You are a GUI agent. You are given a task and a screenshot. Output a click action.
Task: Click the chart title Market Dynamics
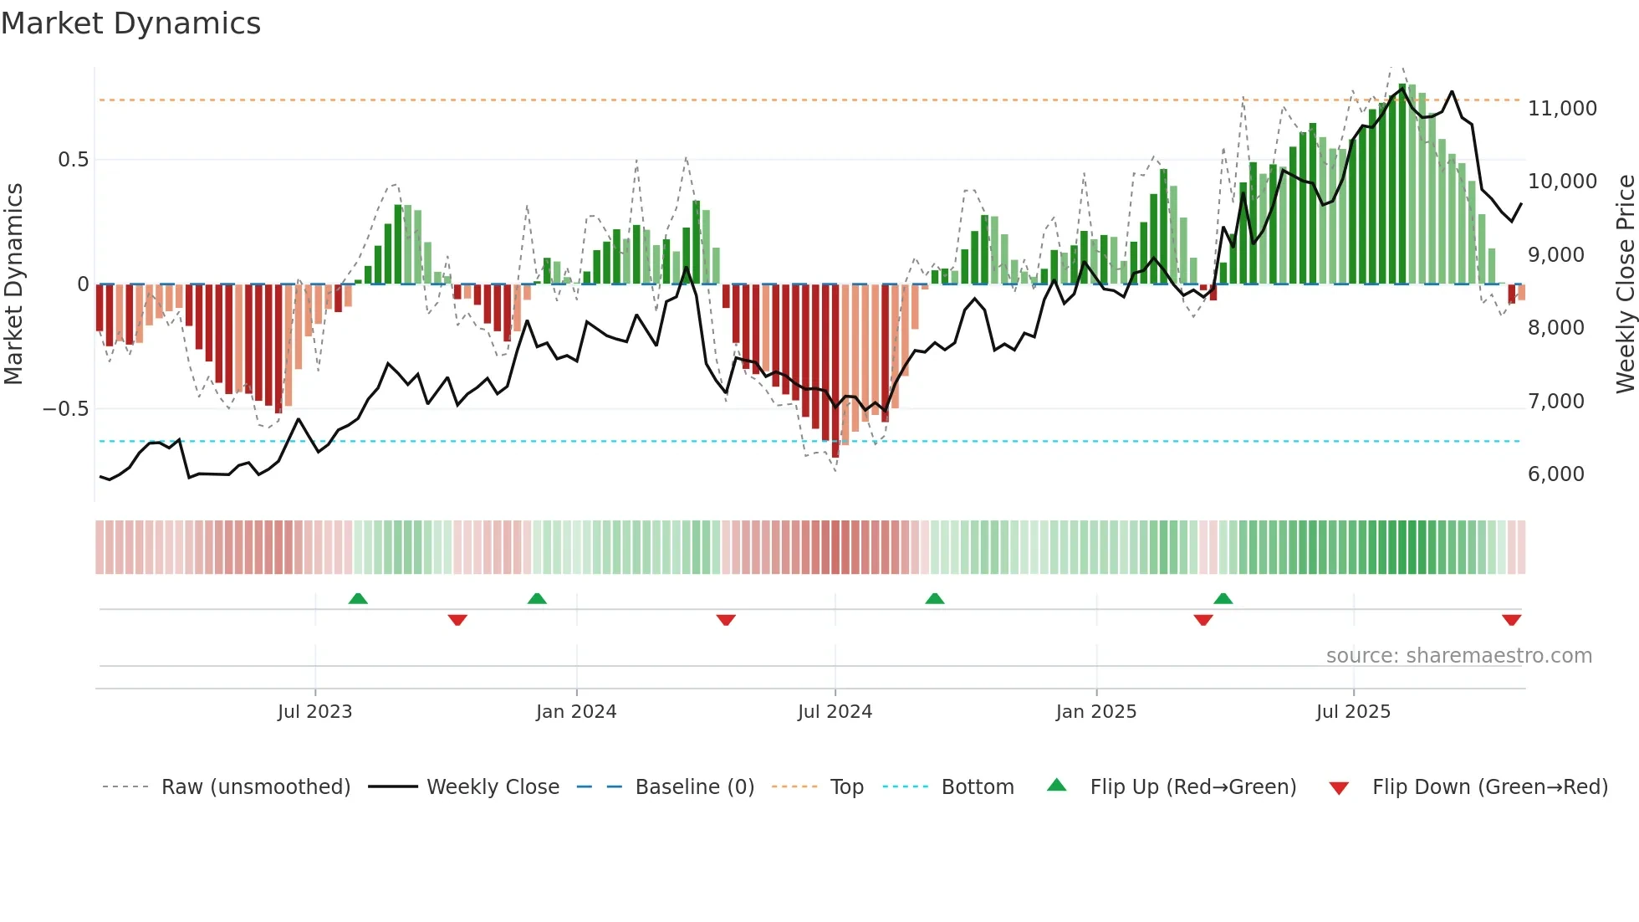(x=130, y=23)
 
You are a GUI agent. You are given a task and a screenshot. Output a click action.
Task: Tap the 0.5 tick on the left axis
(x=73, y=160)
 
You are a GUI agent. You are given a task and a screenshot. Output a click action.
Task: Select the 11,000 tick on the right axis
(x=1562, y=109)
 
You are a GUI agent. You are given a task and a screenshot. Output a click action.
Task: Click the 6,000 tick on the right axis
(x=1555, y=474)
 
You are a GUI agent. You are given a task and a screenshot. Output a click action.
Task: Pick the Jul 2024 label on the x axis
(x=835, y=712)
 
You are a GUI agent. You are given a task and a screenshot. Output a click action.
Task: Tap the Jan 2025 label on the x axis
(x=1095, y=712)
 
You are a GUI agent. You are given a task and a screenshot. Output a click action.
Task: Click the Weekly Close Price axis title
(x=1625, y=284)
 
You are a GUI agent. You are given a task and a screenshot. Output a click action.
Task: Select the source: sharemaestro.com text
(x=1458, y=656)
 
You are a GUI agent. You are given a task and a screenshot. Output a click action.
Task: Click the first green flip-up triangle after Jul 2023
(x=358, y=598)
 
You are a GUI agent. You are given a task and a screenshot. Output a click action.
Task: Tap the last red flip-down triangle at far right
(x=1511, y=620)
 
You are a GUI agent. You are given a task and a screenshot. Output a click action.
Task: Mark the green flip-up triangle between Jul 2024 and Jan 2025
(x=935, y=598)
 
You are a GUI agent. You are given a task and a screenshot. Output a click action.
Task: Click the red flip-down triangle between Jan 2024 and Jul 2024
(x=726, y=620)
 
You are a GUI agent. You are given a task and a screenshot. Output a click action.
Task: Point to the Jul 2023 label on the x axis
(x=314, y=712)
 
